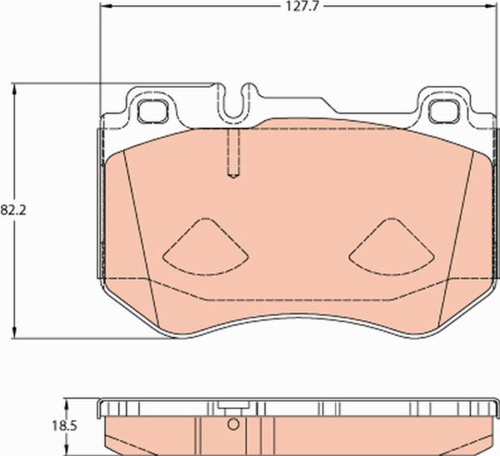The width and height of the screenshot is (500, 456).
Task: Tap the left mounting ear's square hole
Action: [152, 108]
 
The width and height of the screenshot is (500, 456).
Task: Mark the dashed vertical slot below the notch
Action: [234, 154]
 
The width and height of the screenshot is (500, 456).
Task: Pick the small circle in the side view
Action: [234, 424]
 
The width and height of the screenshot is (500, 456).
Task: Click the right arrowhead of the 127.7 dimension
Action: [492, 6]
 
